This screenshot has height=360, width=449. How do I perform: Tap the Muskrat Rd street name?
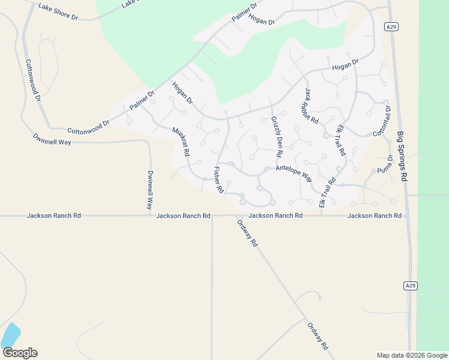pos(181,142)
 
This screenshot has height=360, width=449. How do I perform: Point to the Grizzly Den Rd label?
pos(277,136)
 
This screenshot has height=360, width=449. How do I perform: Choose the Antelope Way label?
pos(294,173)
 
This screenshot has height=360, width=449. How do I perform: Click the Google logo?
pos(20,353)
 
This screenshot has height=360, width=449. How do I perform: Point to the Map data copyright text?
pos(411,355)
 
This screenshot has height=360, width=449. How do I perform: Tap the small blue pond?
pos(10,335)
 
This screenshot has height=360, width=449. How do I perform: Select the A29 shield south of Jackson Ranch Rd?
pos(410,286)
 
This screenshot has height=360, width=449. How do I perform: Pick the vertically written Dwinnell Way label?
pos(151,189)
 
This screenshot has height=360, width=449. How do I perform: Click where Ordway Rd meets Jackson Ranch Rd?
pos(236,215)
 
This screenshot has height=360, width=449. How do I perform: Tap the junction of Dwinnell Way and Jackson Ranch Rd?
pos(150,215)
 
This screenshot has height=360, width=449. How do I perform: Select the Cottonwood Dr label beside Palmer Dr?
pos(88,127)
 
